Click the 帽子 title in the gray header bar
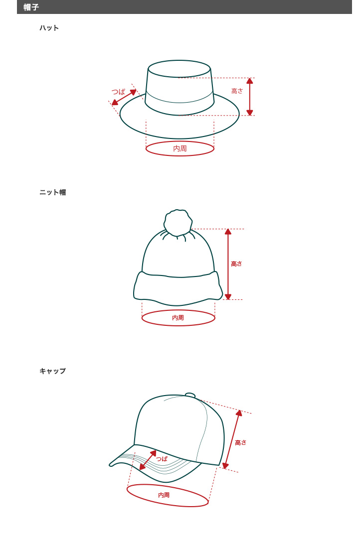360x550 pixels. point(31,7)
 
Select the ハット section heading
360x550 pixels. point(49,28)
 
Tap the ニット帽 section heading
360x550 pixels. point(53,192)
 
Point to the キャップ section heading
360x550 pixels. point(53,371)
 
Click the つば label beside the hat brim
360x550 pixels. point(118,92)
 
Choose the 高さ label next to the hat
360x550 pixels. point(237,91)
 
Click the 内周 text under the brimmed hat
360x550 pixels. point(180,149)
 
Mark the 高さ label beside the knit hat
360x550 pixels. point(236,264)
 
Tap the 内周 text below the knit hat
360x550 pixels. point(178,318)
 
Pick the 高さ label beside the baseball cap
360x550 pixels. point(241,443)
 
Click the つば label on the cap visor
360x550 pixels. point(162,459)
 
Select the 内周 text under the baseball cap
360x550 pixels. point(164,495)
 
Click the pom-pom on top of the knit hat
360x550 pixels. point(178,222)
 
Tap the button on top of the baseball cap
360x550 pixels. point(190,396)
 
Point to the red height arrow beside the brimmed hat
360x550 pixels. point(250,97)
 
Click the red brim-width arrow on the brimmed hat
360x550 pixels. point(124,97)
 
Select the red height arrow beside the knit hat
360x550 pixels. point(228,264)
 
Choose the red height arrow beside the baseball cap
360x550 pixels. point(232,439)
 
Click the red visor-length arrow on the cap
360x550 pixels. point(148,460)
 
